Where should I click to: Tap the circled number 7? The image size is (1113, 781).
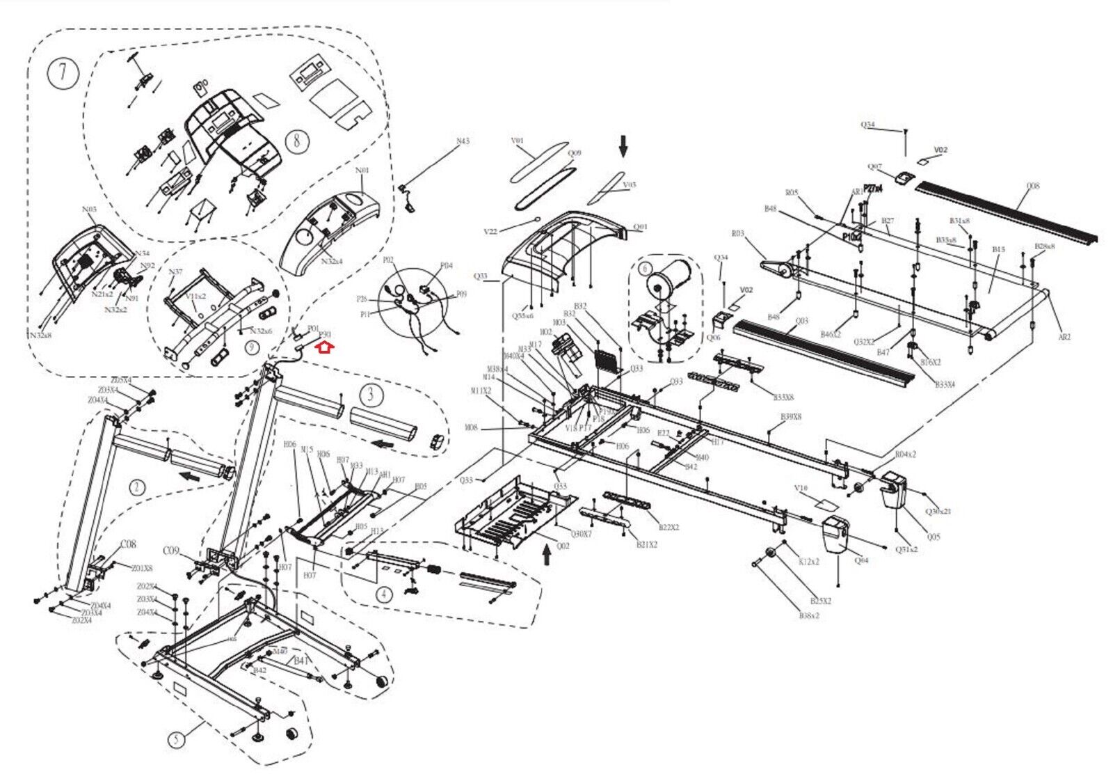click(63, 73)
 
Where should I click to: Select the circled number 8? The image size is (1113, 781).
click(297, 141)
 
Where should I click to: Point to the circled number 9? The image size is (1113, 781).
click(251, 347)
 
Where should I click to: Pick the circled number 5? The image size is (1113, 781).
click(177, 738)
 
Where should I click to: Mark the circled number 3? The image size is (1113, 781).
click(371, 395)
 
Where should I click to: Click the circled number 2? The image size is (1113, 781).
click(138, 487)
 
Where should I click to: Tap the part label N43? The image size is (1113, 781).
click(463, 141)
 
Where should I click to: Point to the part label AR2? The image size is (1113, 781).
click(1064, 337)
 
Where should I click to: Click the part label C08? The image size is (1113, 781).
click(129, 544)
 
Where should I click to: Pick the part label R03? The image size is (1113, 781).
click(737, 234)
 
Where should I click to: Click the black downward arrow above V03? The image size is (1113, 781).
click(623, 146)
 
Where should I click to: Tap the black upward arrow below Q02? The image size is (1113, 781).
click(546, 554)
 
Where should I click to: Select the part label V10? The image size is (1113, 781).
click(801, 489)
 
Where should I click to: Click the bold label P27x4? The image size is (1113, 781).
click(872, 189)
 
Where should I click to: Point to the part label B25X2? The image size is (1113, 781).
click(821, 601)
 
